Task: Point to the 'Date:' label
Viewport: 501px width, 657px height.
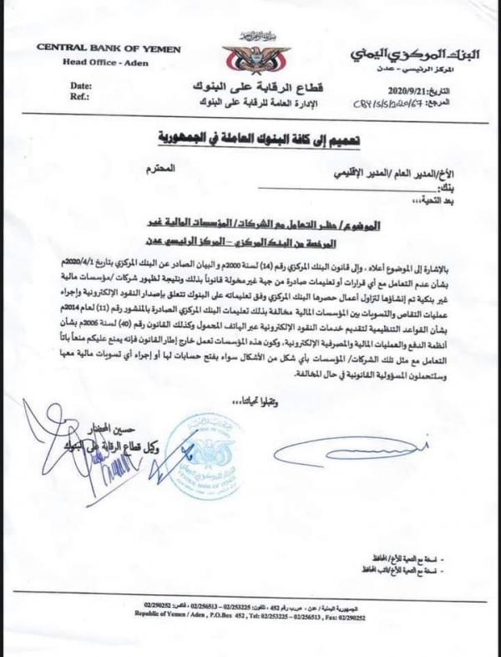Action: [x=81, y=85]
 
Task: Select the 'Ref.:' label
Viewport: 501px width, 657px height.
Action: [x=80, y=96]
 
